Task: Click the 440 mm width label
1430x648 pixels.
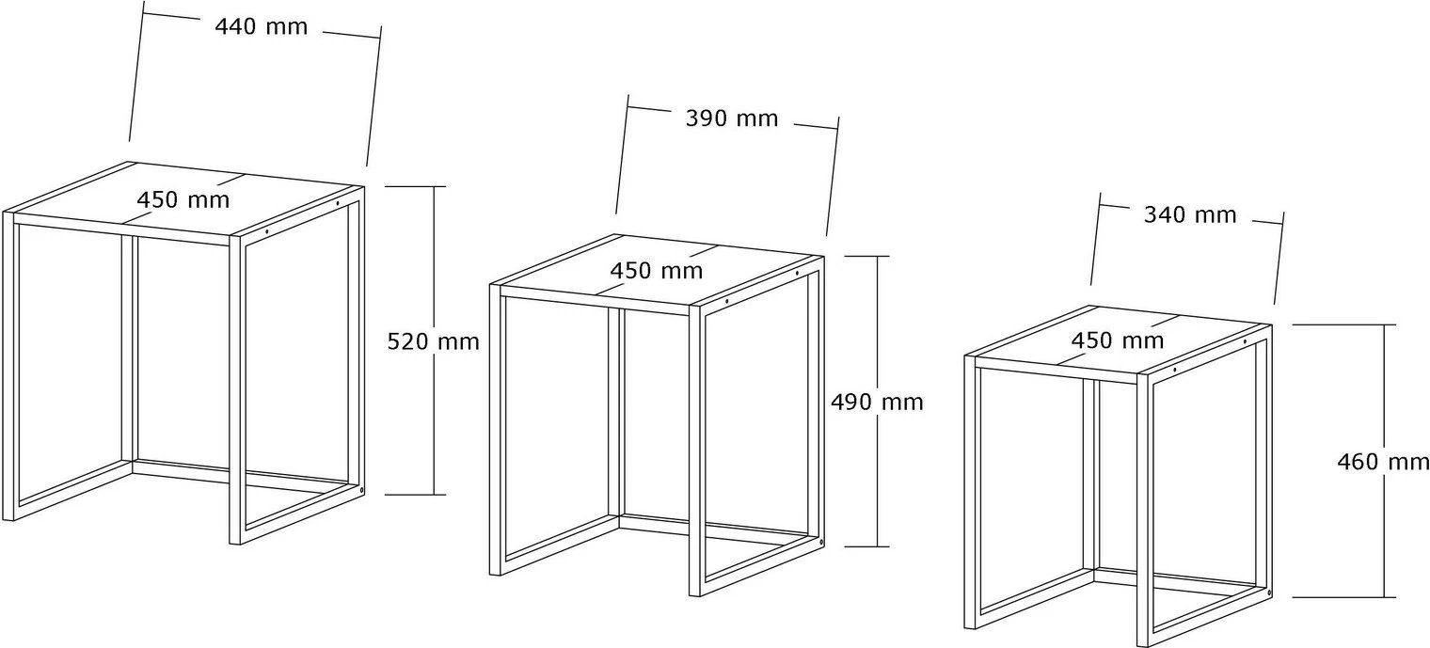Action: (x=262, y=27)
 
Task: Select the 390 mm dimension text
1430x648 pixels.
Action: (x=732, y=119)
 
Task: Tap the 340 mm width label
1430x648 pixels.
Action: (x=1190, y=215)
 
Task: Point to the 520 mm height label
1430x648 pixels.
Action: (x=433, y=342)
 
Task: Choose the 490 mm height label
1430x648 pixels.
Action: (x=877, y=403)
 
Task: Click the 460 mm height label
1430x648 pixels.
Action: (x=1383, y=462)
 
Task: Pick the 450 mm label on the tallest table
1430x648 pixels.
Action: (x=183, y=200)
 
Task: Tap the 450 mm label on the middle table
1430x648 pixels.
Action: (x=657, y=271)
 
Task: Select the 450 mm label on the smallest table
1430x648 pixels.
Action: (x=1118, y=340)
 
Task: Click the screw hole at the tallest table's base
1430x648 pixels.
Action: (x=362, y=490)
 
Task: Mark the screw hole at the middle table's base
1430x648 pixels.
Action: (x=821, y=544)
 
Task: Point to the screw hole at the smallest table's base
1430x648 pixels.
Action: (x=1269, y=593)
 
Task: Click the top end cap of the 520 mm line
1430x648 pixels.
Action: (x=415, y=186)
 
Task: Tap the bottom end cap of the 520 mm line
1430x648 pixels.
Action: (x=415, y=494)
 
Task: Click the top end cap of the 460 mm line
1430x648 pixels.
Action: (x=1343, y=324)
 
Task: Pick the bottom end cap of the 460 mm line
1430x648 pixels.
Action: (x=1343, y=597)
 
